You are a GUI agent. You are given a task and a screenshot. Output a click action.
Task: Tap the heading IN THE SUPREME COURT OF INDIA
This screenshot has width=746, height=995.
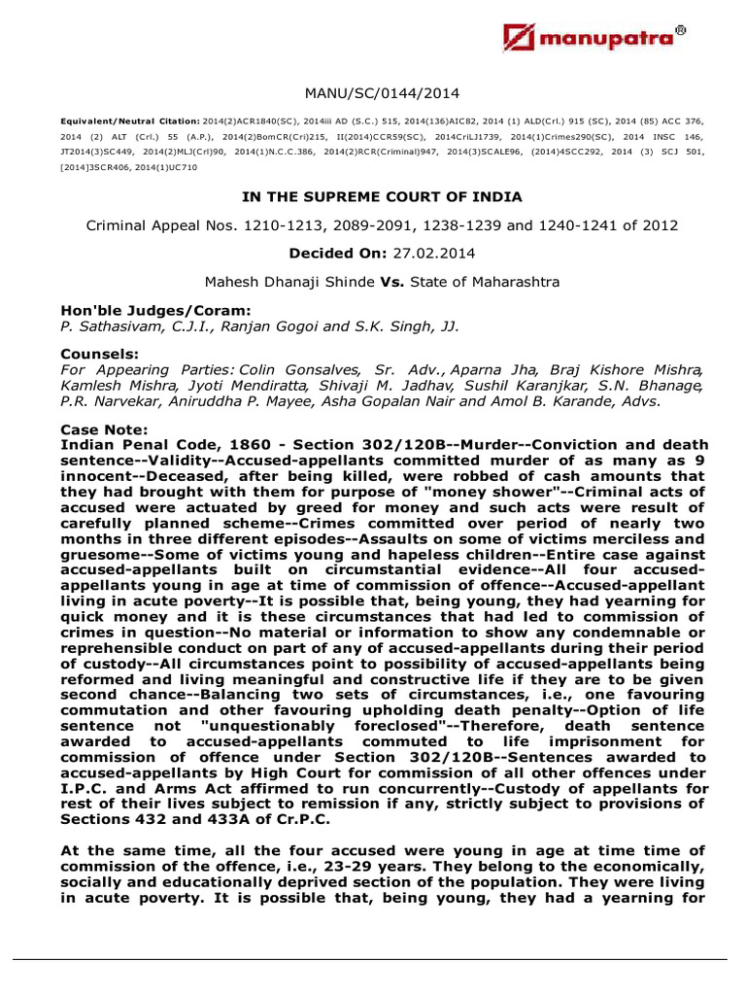382,196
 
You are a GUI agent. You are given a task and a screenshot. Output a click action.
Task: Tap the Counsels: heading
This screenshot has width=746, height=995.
93,356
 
